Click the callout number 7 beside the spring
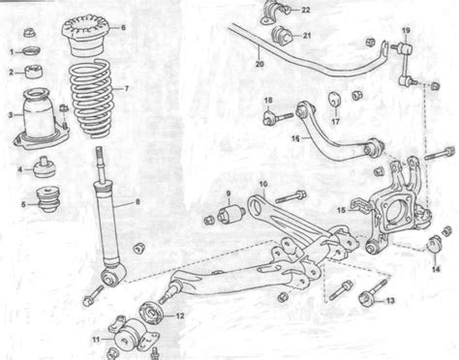[x=126, y=88]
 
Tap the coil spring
[x=91, y=98]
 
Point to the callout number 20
[x=260, y=64]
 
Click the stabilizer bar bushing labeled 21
[x=281, y=36]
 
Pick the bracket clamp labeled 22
[x=273, y=13]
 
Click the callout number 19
[x=406, y=30]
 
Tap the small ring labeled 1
[x=33, y=51]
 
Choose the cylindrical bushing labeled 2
[x=34, y=72]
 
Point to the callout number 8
[x=138, y=202]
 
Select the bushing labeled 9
[x=230, y=214]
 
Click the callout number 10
[x=263, y=184]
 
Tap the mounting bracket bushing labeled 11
[x=130, y=336]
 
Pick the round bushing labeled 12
[x=151, y=312]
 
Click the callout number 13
[x=390, y=300]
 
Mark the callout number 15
[x=341, y=210]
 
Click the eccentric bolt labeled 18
[x=278, y=117]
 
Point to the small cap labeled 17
[x=335, y=99]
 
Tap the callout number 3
[x=11, y=115]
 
